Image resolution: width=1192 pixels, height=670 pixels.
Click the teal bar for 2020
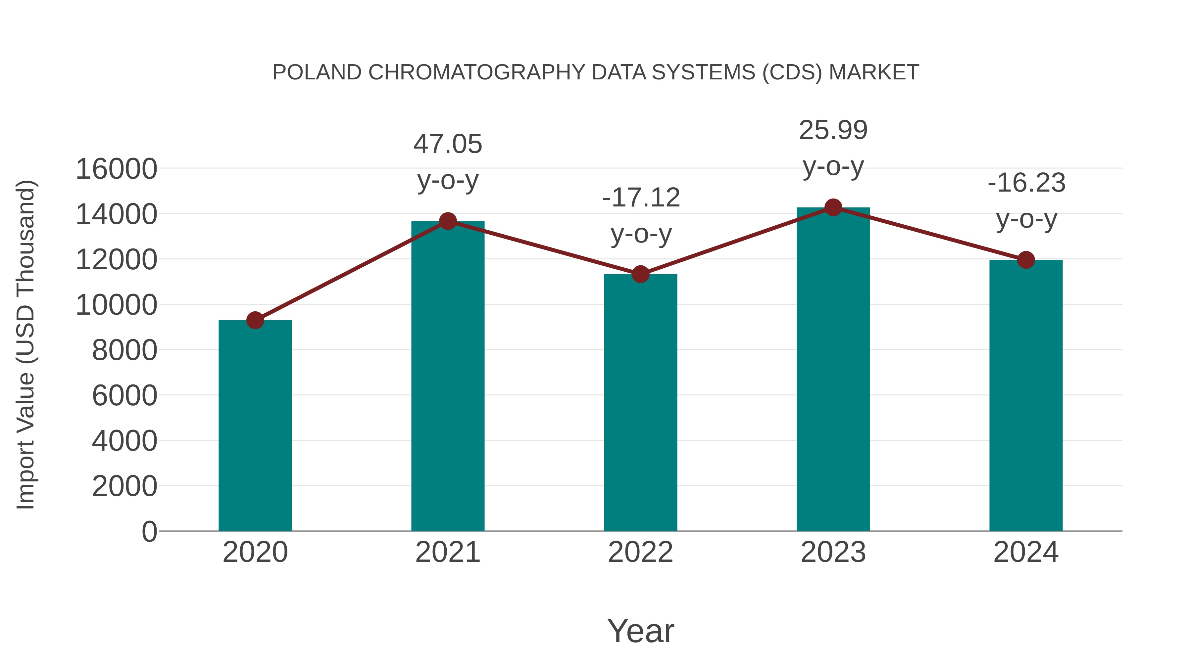pos(255,425)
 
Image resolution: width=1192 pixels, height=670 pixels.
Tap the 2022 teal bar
pos(640,402)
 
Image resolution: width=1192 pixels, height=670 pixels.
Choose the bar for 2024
pos(1026,395)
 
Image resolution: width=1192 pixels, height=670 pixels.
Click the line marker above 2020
pos(255,320)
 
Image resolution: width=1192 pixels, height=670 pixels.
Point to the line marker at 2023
pos(833,207)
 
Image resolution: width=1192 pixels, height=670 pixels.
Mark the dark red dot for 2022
pos(640,274)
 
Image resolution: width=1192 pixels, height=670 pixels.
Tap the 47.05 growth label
pos(447,144)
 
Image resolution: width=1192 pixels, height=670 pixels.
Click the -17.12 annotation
pos(641,198)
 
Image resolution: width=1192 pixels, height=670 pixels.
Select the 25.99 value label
pos(833,130)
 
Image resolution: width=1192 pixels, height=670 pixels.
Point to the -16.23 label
pos(1026,183)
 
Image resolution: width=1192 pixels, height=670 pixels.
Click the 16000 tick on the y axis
pos(116,169)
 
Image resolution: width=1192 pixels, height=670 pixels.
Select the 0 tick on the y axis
pos(149,531)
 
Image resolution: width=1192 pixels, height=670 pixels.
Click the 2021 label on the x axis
pos(447,552)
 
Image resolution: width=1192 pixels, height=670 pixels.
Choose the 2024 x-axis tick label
pos(1026,552)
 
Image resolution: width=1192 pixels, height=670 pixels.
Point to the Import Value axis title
pos(26,344)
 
